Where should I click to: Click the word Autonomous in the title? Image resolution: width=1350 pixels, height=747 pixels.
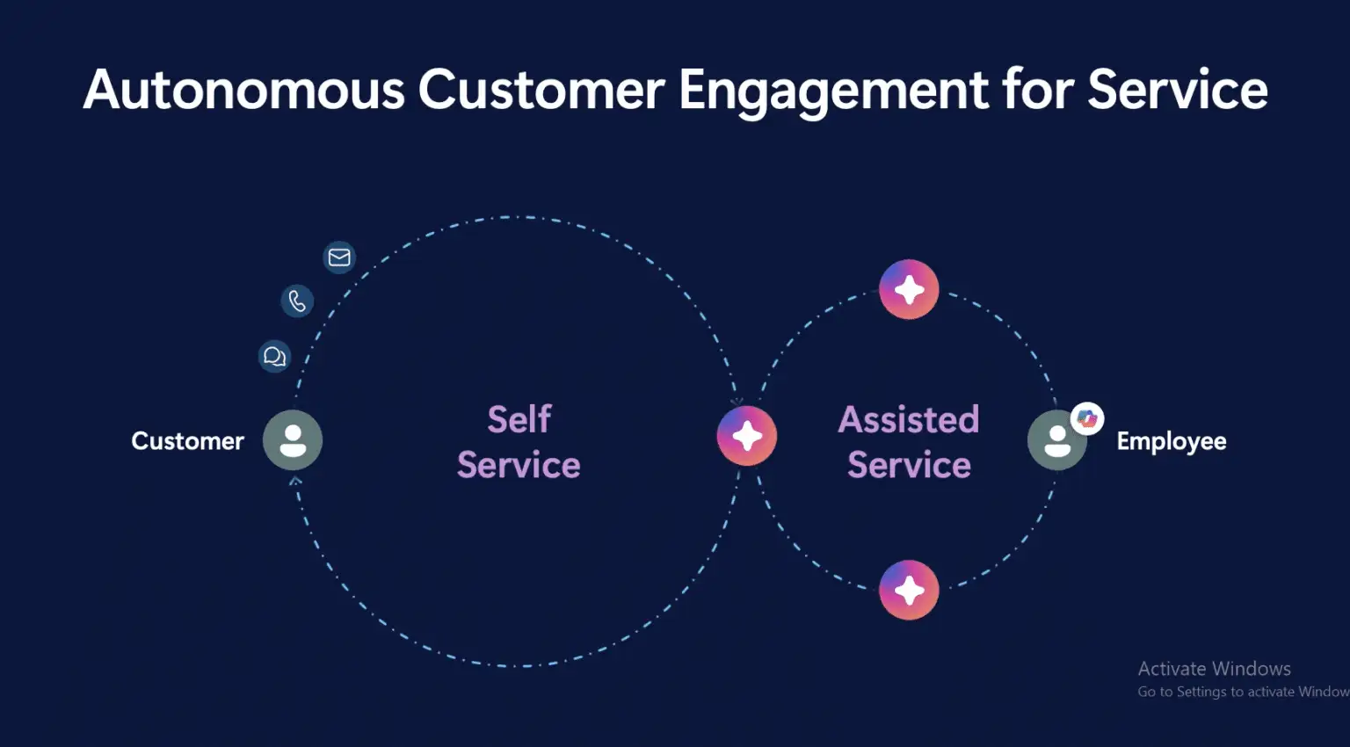pyautogui.click(x=243, y=90)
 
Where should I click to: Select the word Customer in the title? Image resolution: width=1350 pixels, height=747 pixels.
pyautogui.click(x=541, y=90)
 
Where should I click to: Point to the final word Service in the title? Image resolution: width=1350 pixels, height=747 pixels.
pyautogui.click(x=1178, y=90)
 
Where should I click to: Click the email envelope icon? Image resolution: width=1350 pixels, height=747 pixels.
pyautogui.click(x=339, y=257)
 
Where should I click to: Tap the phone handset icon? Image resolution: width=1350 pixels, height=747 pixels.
pyautogui.click(x=297, y=301)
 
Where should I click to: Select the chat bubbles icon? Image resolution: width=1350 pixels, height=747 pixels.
pyautogui.click(x=275, y=357)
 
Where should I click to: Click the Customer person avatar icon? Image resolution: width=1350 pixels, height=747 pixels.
pyautogui.click(x=293, y=439)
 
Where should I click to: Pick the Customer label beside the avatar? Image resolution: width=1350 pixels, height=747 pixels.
pyautogui.click(x=188, y=441)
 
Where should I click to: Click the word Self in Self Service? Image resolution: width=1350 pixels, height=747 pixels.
pyautogui.click(x=519, y=419)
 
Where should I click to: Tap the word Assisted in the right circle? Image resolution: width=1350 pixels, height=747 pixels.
pyautogui.click(x=909, y=419)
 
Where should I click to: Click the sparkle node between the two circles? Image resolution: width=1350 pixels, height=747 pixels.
pyautogui.click(x=747, y=436)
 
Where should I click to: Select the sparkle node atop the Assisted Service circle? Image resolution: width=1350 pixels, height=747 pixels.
pyautogui.click(x=909, y=290)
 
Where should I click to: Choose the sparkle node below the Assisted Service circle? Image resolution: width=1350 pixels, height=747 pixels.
pyautogui.click(x=909, y=590)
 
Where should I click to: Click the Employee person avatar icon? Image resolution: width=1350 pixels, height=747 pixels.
pyautogui.click(x=1057, y=439)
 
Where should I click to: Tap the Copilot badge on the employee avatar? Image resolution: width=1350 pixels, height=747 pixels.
pyautogui.click(x=1087, y=418)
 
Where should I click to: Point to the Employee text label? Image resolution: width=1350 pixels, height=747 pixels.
pyautogui.click(x=1172, y=441)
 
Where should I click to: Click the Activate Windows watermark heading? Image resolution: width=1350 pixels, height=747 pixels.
pyautogui.click(x=1215, y=669)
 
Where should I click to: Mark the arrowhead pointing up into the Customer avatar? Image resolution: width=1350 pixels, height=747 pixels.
pyautogui.click(x=295, y=480)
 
